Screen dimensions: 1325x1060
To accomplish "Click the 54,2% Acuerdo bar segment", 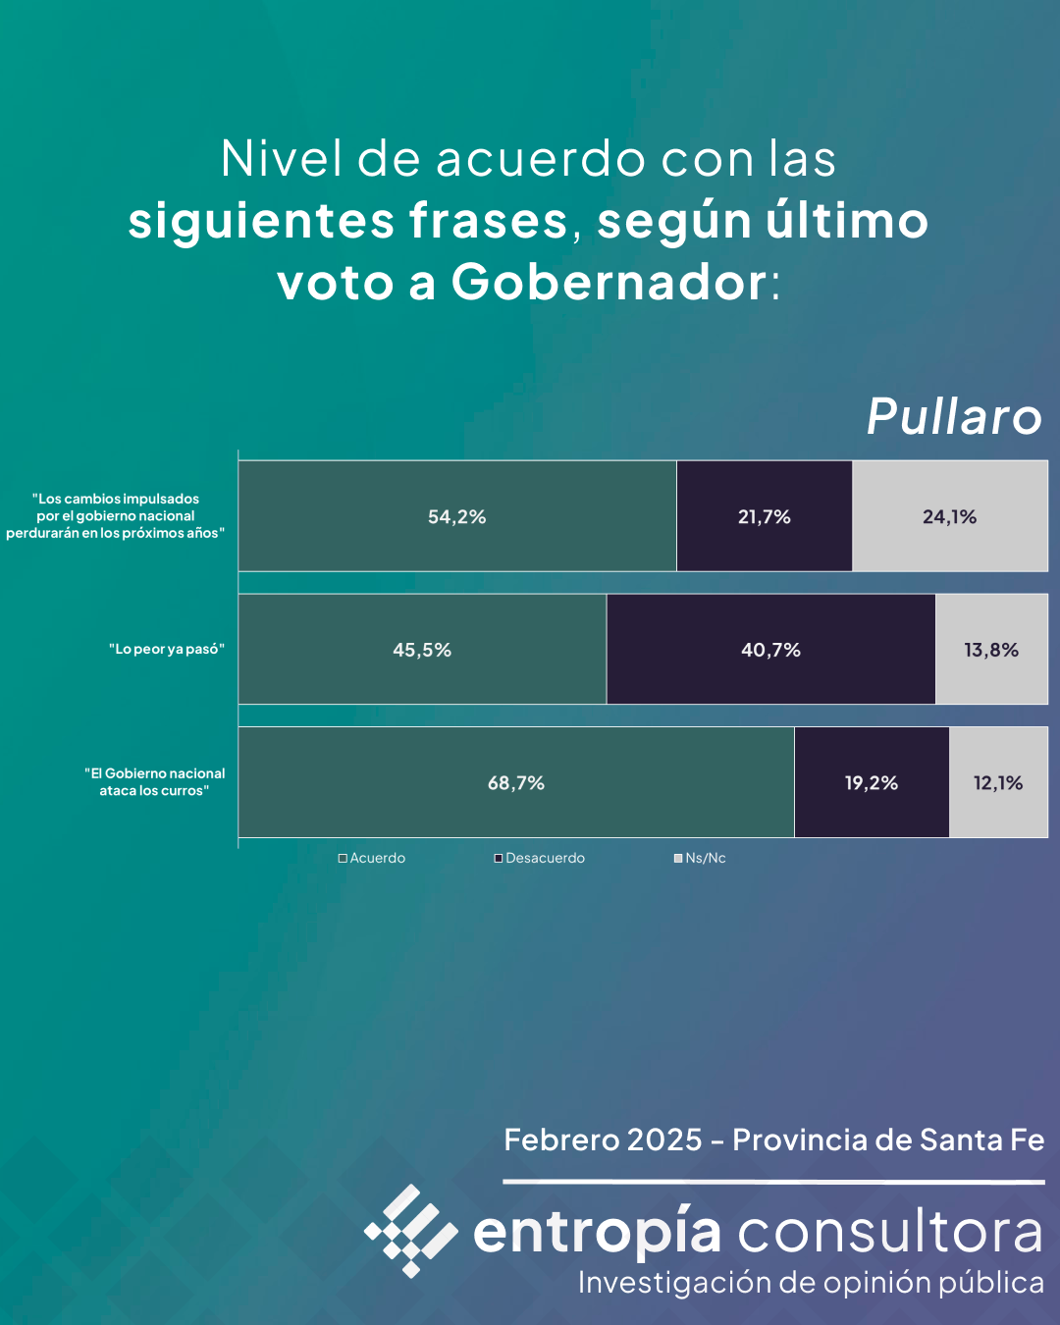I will pos(457,516).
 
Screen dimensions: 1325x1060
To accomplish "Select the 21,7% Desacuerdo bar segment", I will pos(765,516).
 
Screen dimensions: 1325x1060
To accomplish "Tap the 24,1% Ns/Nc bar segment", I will pos(950,516).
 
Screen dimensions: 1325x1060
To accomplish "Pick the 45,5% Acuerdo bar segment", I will pos(422,650).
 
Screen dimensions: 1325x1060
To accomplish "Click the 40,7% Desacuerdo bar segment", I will pos(771,650).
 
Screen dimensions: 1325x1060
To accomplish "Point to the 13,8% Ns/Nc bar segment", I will pos(991,650).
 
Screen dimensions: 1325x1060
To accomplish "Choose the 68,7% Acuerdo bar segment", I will pos(516,783).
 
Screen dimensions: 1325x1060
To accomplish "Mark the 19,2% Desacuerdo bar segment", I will pos(872,783).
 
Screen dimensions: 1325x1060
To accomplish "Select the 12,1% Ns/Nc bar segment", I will pos(998,783).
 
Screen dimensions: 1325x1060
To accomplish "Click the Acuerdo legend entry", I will pos(372,858).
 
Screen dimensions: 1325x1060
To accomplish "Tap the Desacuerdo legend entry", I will pos(540,858).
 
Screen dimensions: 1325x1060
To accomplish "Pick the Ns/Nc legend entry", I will pos(700,858).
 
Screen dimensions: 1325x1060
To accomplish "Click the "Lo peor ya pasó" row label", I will pos(167,649).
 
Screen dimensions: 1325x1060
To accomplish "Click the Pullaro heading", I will pos(954,417).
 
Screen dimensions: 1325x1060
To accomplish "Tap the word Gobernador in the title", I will pos(609,283).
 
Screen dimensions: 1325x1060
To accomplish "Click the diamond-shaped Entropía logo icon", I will pos(410,1231).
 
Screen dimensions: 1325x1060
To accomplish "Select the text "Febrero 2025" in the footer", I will pos(603,1140).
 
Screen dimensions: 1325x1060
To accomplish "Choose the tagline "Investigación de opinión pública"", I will pos(811,1283).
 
